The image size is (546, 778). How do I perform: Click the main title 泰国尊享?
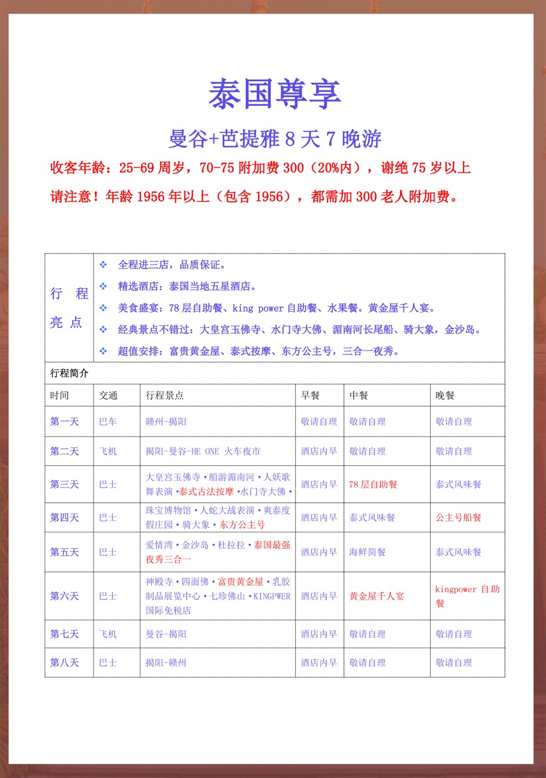(275, 94)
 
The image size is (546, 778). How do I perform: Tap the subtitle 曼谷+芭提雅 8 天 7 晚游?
(275, 139)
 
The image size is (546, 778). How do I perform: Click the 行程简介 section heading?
(69, 373)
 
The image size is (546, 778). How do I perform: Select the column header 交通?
(108, 395)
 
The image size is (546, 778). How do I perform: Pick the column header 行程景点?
(164, 395)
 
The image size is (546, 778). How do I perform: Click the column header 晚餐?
(445, 395)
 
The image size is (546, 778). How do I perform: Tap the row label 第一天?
(64, 421)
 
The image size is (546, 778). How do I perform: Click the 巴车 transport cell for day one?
(108, 421)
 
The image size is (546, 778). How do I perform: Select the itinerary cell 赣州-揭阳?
(166, 421)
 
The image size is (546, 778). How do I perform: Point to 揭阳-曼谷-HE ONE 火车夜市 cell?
(203, 452)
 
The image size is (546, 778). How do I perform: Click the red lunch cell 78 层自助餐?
(373, 484)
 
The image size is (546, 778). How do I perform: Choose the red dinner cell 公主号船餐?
(458, 518)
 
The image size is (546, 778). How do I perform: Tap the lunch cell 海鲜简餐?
(367, 552)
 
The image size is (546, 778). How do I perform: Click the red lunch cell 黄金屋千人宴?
(377, 596)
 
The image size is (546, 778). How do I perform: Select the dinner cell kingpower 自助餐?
(467, 596)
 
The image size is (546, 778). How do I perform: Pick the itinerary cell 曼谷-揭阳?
(166, 634)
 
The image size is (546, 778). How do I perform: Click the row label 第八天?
(64, 663)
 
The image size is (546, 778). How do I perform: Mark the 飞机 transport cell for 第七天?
(108, 634)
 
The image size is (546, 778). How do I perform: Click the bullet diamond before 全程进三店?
(103, 265)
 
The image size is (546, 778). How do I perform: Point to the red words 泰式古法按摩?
(206, 491)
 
